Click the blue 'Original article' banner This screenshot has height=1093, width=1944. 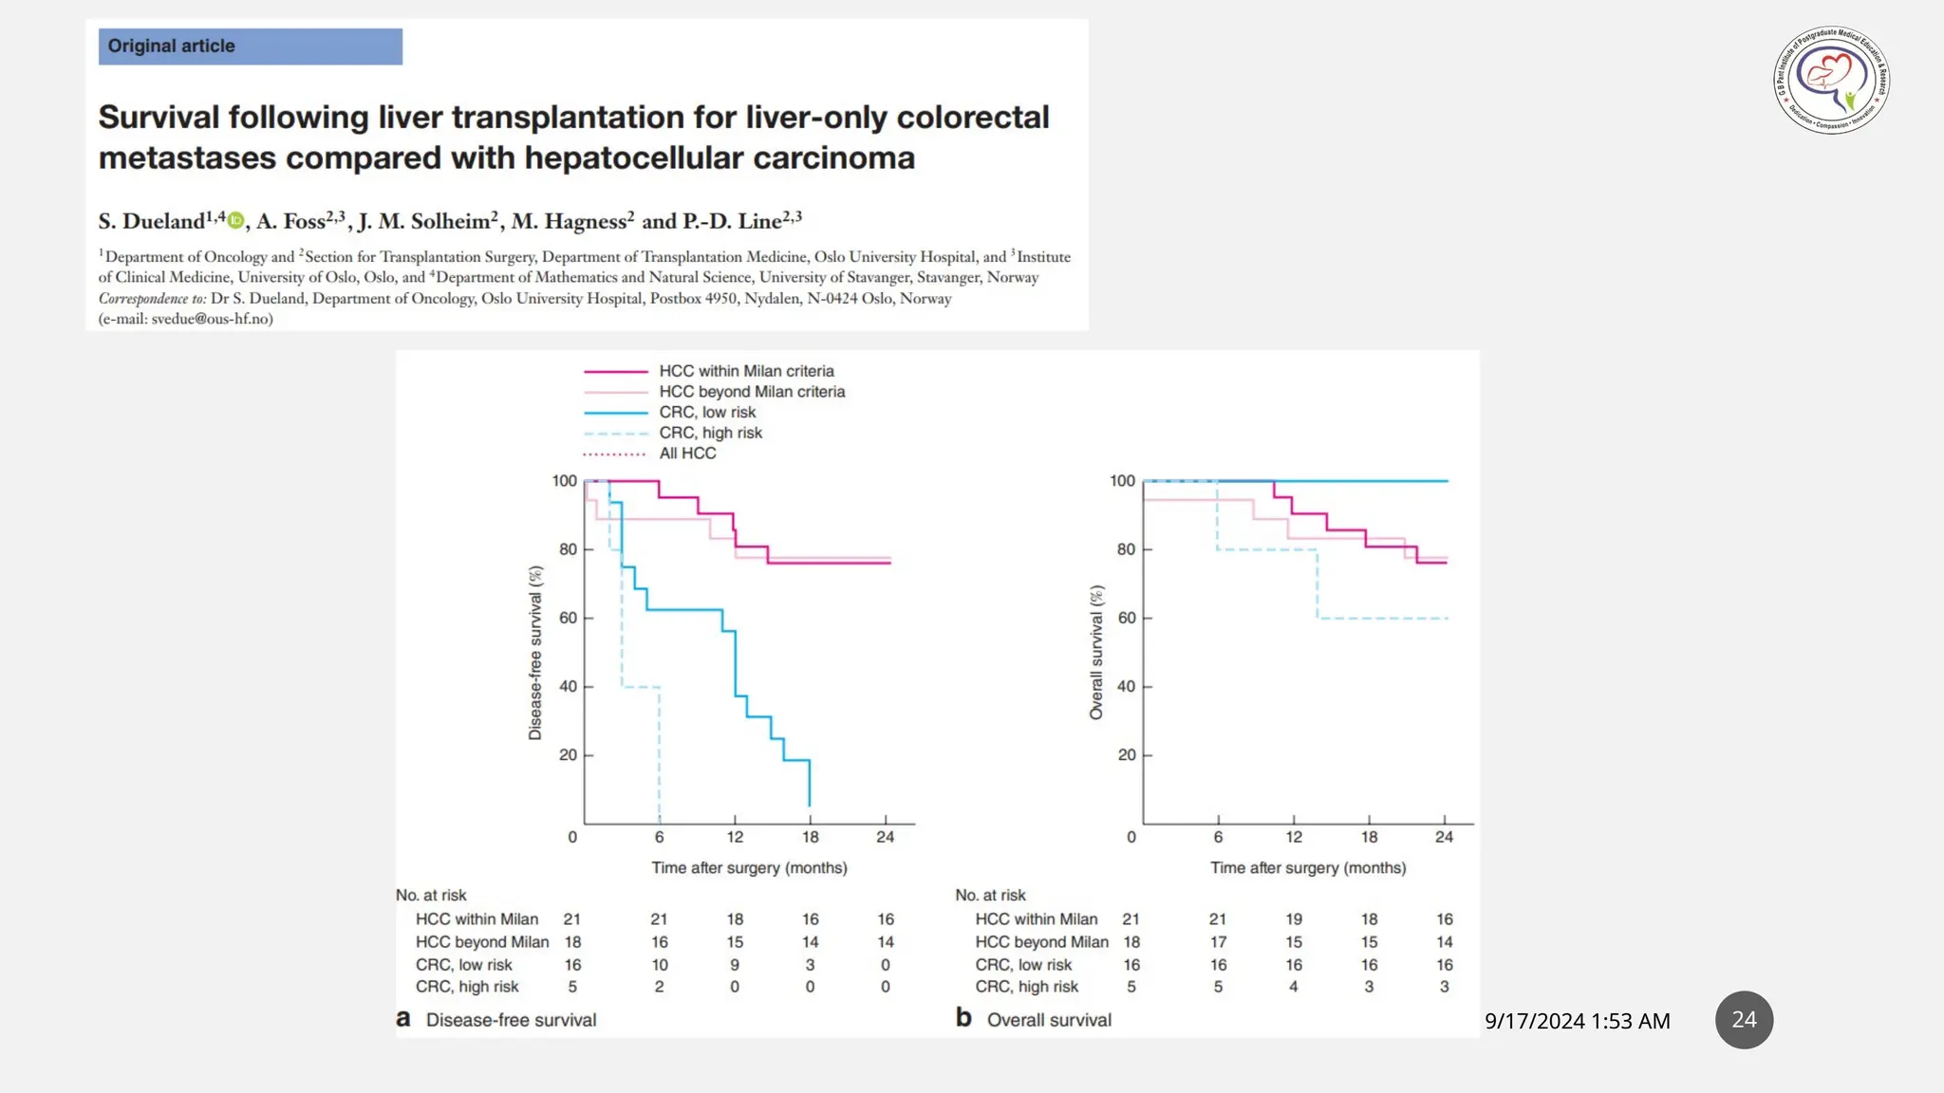coord(250,46)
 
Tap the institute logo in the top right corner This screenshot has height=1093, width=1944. coord(1831,81)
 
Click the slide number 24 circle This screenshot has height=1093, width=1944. coord(1744,1020)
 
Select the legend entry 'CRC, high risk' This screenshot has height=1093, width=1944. coord(710,433)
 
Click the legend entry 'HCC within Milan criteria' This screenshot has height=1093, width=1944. coord(746,371)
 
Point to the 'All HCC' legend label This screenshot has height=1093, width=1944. coord(687,454)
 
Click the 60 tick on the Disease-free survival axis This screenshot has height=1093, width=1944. coord(568,618)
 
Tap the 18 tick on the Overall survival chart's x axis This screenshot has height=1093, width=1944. coord(1369,837)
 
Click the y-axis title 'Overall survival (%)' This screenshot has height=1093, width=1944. coord(1096,652)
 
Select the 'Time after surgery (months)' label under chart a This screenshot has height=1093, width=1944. coord(749,867)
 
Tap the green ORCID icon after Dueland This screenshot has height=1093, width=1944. coord(235,221)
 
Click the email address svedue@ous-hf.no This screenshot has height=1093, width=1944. coord(212,319)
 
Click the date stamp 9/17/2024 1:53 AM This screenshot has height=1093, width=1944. coord(1577,1021)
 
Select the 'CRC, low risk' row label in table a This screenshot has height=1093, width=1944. coord(463,965)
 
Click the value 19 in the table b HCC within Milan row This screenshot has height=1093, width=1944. coord(1294,919)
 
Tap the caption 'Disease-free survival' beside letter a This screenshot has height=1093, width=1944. coord(511,1020)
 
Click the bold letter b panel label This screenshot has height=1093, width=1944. coord(963,1018)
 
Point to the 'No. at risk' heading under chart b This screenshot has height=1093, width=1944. coord(990,895)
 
